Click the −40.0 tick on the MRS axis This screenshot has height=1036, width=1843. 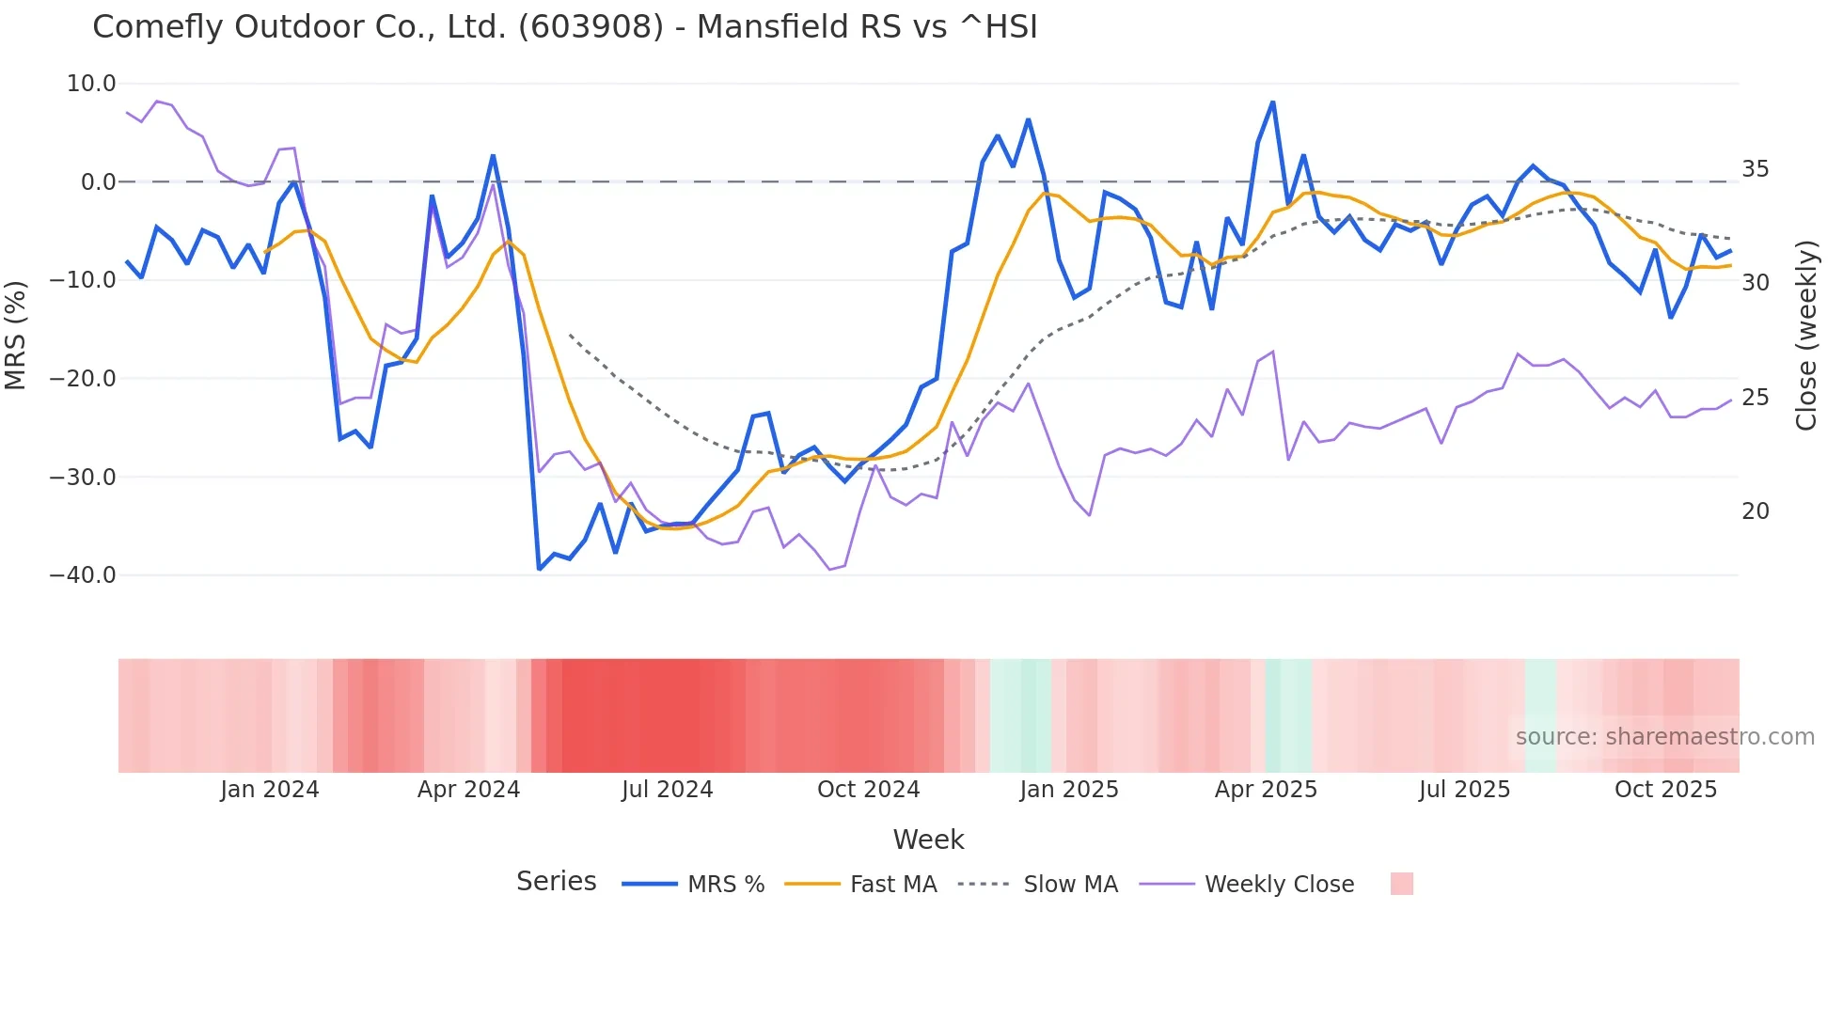83,574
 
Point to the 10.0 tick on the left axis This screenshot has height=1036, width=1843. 91,84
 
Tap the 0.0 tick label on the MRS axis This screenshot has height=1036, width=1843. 98,181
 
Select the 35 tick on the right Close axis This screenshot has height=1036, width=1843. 1755,169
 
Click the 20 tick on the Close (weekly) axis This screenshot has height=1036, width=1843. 1755,511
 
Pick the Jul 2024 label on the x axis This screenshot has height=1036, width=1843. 667,790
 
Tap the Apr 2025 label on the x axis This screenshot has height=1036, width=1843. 1266,790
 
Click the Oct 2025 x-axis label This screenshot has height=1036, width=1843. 1665,790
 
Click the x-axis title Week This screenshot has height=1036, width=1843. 928,840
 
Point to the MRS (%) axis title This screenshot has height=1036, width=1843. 16,335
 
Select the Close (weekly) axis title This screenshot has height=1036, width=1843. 1806,336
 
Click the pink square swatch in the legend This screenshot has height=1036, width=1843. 1401,884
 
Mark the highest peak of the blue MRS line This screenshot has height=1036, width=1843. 1272,102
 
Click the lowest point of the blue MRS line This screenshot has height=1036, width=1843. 539,569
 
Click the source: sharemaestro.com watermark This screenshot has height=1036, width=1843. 1664,737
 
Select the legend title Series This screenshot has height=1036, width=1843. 556,882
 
